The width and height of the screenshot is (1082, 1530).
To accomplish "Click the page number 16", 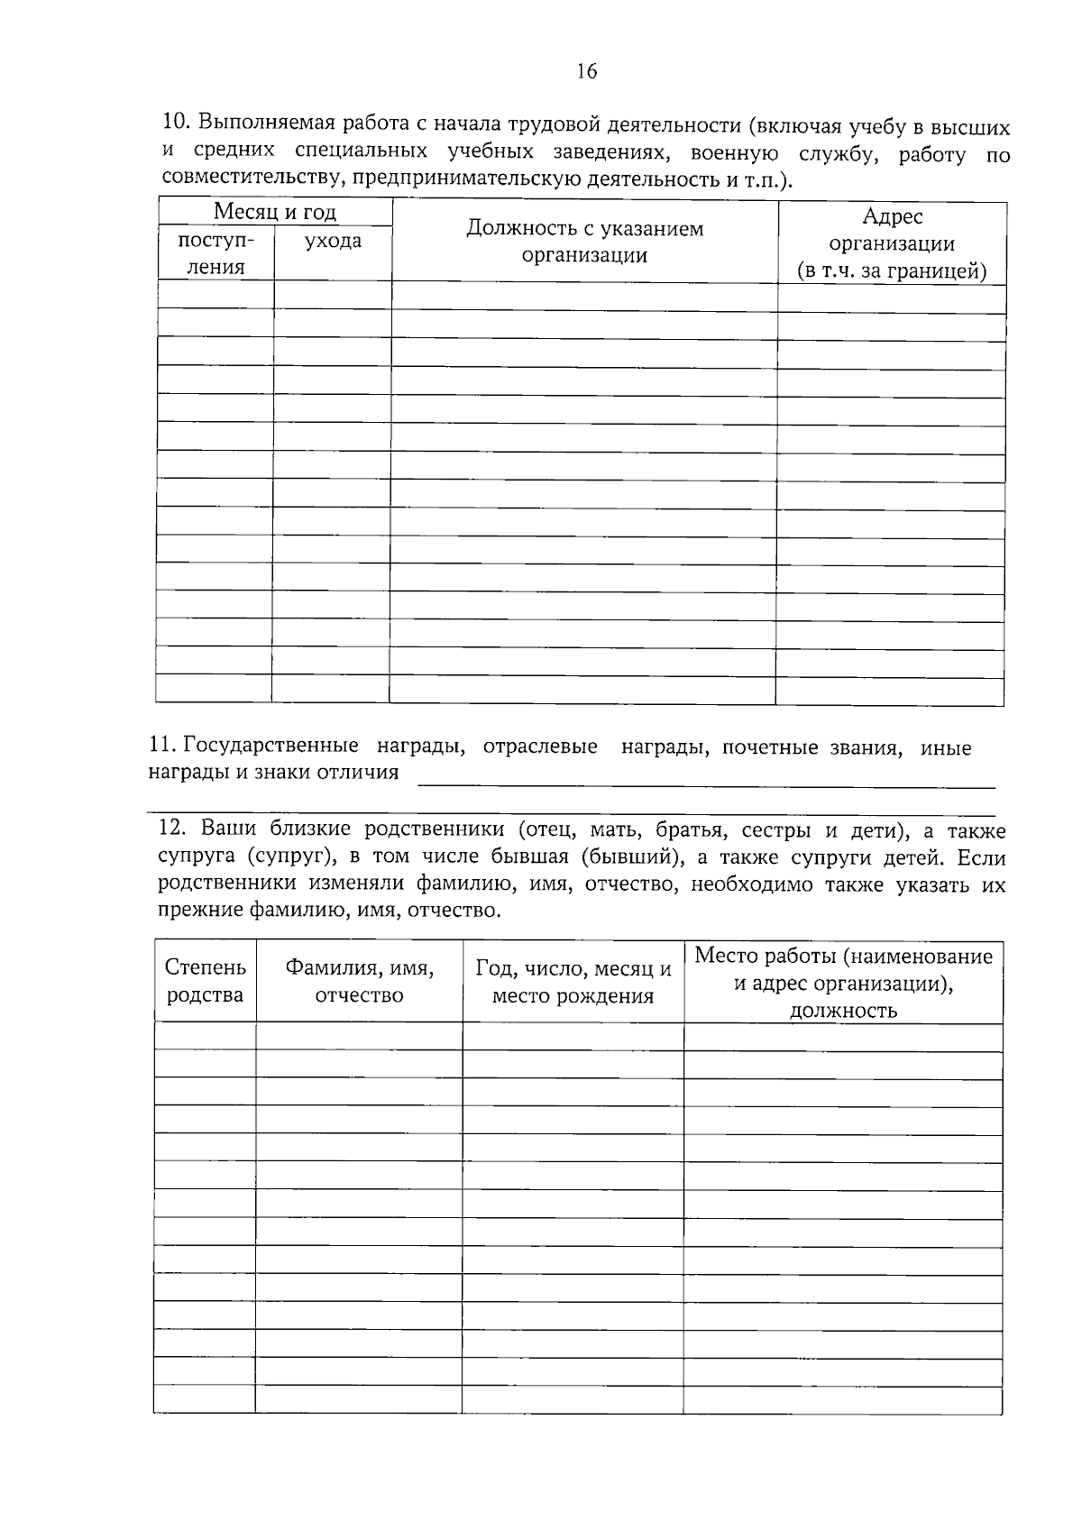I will pos(586,72).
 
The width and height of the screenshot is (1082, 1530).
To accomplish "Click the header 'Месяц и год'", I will pos(275,212).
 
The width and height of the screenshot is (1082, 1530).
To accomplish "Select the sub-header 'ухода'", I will pos(333,242).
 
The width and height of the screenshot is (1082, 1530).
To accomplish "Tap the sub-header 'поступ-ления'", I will pos(215,253).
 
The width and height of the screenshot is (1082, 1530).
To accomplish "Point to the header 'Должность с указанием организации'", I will pos(584,242).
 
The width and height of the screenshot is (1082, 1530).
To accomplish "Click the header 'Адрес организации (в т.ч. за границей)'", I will pos(892,243).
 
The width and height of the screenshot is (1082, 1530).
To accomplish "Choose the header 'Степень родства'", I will pos(205,981).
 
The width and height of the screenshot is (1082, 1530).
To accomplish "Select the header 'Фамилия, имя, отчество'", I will pos(359,981).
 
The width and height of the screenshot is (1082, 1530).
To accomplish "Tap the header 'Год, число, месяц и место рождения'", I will pos(573,982).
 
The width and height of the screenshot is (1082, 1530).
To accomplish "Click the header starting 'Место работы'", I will pos(843,982).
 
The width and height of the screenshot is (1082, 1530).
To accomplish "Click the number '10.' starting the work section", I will pos(173,124).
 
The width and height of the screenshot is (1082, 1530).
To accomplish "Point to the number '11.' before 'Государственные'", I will pos(161,747).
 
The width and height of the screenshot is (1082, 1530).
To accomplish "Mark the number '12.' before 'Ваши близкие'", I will pos(171,829).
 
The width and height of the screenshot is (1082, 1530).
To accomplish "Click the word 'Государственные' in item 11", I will pos(270,747).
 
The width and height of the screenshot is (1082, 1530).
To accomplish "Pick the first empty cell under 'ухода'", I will pos(333,295).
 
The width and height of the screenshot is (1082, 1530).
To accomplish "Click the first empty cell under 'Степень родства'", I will pos(205,1036).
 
